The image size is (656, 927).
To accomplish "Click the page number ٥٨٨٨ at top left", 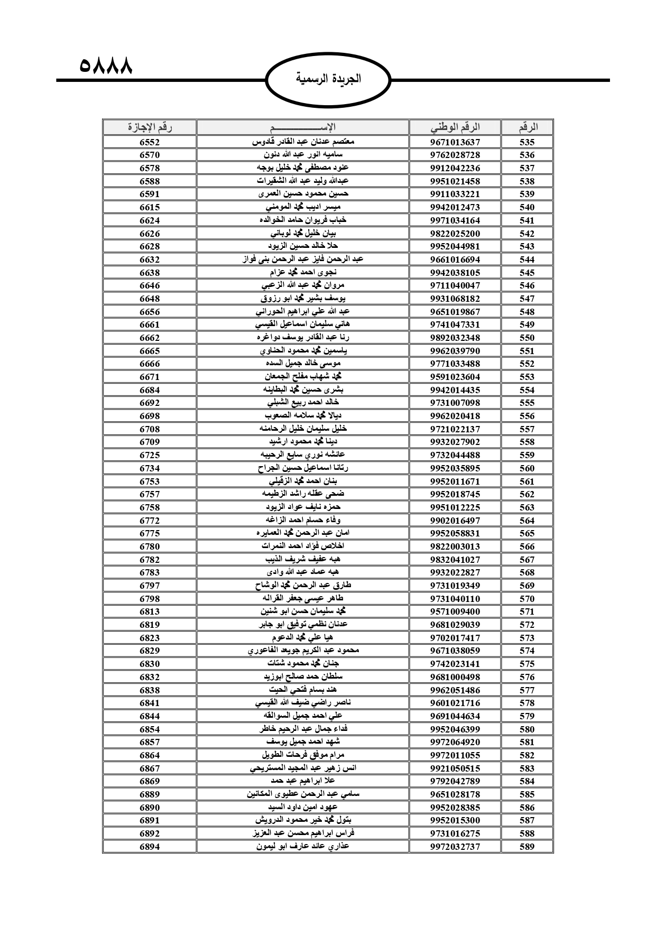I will click(105, 67).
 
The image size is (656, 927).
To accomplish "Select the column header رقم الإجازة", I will click(150, 127).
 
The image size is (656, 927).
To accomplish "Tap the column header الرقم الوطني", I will click(455, 127).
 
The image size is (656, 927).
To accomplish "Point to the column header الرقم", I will click(527, 127).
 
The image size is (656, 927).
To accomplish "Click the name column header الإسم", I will click(303, 127).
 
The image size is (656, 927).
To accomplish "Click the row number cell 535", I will click(527, 142).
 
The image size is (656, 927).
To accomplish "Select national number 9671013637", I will click(455, 142).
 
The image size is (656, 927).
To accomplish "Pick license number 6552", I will click(150, 142).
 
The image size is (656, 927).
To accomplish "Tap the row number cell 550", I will click(527, 338).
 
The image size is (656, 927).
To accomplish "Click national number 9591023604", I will click(455, 377).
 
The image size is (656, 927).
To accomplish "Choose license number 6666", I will click(150, 364).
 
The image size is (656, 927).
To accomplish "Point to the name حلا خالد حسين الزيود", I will click(303, 246).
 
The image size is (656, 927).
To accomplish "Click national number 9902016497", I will click(455, 521).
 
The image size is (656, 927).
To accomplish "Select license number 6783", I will click(150, 572).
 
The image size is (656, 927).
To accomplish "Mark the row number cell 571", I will click(527, 611).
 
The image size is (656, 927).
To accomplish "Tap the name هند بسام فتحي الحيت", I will click(303, 690).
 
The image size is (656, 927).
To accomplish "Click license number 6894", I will click(150, 846).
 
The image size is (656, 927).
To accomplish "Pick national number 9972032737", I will click(455, 846).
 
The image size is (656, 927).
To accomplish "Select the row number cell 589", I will click(527, 846).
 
